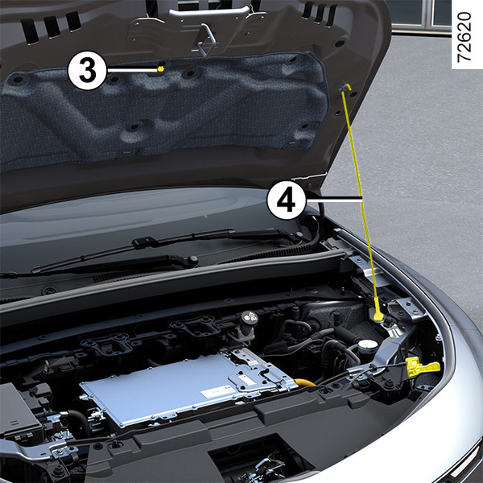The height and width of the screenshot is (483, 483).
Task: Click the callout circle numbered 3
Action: (87, 70)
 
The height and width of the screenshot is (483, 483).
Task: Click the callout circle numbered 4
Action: (287, 200)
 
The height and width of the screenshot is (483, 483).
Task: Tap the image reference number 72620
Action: (464, 37)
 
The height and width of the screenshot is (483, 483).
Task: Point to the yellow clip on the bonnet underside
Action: (160, 68)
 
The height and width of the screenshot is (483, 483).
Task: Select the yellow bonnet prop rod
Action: (361, 200)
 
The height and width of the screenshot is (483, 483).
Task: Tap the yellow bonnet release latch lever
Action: (421, 366)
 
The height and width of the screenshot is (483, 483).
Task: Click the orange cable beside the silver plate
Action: (305, 383)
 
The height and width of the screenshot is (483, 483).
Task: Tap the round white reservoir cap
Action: (368, 345)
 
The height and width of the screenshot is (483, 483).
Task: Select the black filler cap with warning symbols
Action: (250, 318)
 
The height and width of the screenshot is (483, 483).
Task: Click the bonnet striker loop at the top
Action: (204, 40)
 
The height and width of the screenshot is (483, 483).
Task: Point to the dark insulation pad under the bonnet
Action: (163, 108)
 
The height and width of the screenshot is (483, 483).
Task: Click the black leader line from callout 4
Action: (333, 200)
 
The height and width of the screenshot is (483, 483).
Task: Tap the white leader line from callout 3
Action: (132, 70)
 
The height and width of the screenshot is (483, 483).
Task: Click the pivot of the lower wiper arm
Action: (193, 259)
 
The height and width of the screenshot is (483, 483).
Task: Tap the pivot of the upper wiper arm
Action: (298, 235)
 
